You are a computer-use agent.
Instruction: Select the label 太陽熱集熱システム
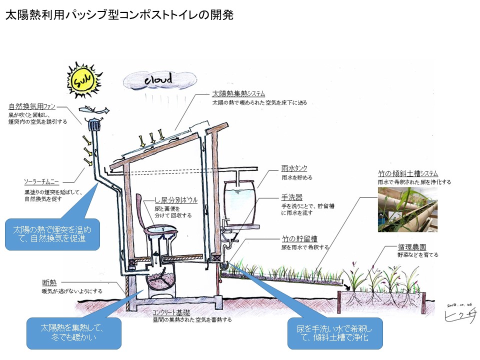click(238, 94)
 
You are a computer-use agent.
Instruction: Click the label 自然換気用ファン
click(32, 106)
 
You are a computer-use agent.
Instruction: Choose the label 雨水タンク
click(294, 169)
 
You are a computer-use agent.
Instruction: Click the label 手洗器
click(291, 197)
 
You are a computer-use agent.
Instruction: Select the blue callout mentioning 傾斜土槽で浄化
click(335, 333)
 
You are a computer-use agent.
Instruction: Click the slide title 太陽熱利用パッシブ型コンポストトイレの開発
click(119, 15)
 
